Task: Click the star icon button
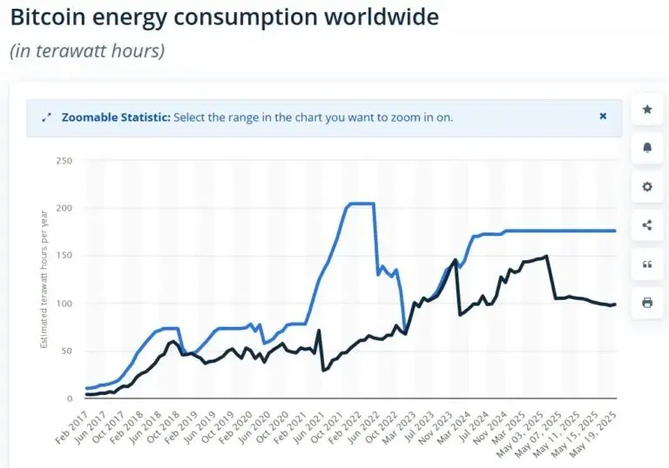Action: tap(646, 110)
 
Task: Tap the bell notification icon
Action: tap(646, 148)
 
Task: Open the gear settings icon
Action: tap(646, 187)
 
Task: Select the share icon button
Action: tap(646, 225)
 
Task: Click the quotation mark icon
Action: tap(646, 264)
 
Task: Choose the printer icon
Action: tap(646, 303)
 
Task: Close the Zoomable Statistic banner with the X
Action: tap(603, 116)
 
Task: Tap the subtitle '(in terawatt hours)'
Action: tap(87, 50)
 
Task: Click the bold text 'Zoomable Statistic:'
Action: tap(116, 117)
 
